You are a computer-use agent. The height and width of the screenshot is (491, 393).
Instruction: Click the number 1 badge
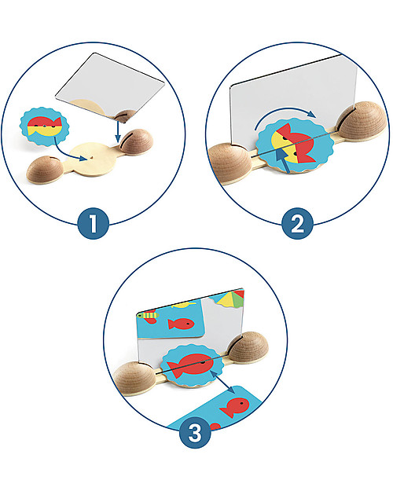pyautogui.click(x=93, y=223)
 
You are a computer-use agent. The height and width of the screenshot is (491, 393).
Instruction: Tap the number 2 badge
pyautogui.click(x=297, y=223)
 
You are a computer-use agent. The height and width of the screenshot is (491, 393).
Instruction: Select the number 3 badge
pyautogui.click(x=195, y=433)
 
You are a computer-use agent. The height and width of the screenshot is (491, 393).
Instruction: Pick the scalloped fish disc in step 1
pyautogui.click(x=45, y=126)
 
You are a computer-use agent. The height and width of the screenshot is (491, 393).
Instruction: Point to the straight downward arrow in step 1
pyautogui.click(x=118, y=131)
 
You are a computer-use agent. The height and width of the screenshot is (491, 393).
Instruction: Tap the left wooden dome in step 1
pyautogui.click(x=45, y=170)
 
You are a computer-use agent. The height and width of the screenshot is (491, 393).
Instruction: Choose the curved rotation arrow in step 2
pyautogui.click(x=284, y=115)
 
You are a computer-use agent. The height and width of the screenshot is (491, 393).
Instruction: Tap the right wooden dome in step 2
pyautogui.click(x=362, y=121)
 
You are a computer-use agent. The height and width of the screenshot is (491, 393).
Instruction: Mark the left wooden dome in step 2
pyautogui.click(x=230, y=163)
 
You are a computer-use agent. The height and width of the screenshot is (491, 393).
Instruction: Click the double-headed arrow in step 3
pyautogui.click(x=222, y=381)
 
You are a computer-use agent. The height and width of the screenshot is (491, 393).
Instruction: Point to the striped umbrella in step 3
pyautogui.click(x=229, y=299)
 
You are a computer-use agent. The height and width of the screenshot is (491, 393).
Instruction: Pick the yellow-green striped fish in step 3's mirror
pyautogui.click(x=149, y=316)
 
